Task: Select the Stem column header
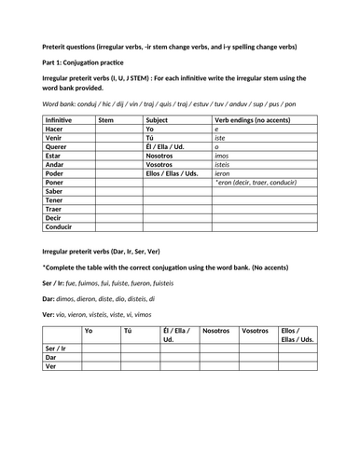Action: [x=106, y=120]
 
